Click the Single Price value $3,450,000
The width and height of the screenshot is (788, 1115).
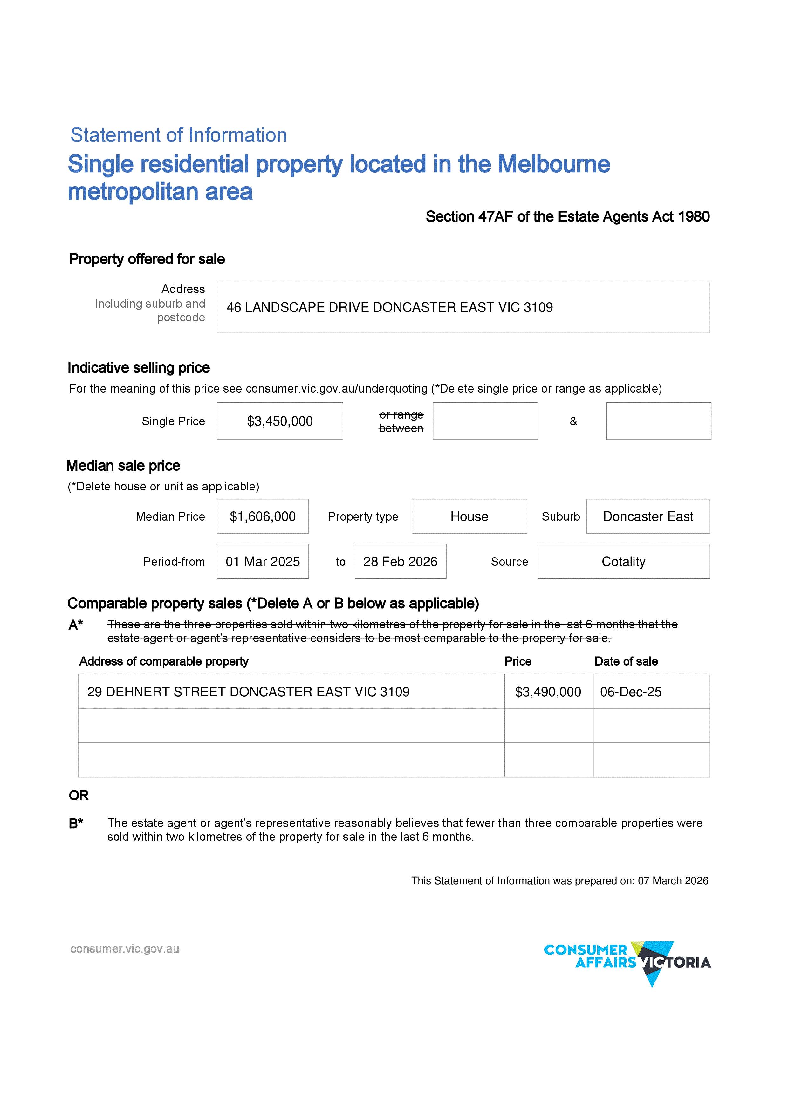(280, 421)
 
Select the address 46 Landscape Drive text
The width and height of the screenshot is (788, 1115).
(389, 307)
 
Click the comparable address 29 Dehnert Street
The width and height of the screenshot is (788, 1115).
(248, 692)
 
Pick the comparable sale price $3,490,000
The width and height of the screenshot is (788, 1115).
(548, 692)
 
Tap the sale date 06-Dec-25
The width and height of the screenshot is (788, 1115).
(631, 692)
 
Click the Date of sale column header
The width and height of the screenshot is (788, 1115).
(626, 661)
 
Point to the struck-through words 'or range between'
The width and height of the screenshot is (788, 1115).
(401, 421)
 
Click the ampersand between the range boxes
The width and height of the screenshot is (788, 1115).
(573, 421)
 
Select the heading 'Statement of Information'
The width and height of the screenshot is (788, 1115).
(179, 135)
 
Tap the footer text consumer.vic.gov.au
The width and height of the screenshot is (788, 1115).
(125, 948)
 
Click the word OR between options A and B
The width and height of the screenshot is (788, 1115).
(79, 796)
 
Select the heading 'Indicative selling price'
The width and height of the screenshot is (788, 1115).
(139, 368)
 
